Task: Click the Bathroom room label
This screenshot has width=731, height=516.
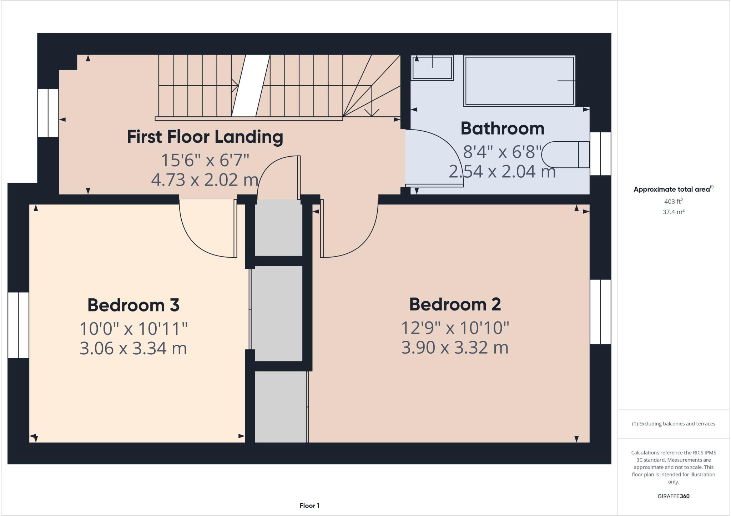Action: point(502,128)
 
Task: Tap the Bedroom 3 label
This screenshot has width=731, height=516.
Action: point(133,305)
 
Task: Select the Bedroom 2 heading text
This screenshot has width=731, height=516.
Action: point(455,304)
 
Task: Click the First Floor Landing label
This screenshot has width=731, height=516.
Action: point(205,137)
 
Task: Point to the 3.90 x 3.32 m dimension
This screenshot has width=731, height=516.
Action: point(455,348)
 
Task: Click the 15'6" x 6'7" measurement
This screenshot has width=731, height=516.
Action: point(205,160)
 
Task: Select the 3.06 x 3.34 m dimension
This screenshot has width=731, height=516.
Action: point(133,348)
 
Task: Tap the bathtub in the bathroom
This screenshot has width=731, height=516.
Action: point(519,81)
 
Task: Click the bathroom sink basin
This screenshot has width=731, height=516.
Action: point(432,68)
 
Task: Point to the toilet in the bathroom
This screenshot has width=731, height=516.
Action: point(564,155)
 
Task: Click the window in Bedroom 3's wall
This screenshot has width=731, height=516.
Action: point(18,325)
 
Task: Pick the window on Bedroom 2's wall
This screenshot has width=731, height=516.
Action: point(600,312)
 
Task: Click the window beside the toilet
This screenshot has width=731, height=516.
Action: point(600,154)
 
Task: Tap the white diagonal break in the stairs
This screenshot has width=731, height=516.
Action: point(251,86)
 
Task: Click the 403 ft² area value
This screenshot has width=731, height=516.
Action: point(673,201)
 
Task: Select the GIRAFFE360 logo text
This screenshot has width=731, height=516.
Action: point(673,496)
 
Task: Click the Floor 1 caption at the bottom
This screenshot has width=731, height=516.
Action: point(309,506)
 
